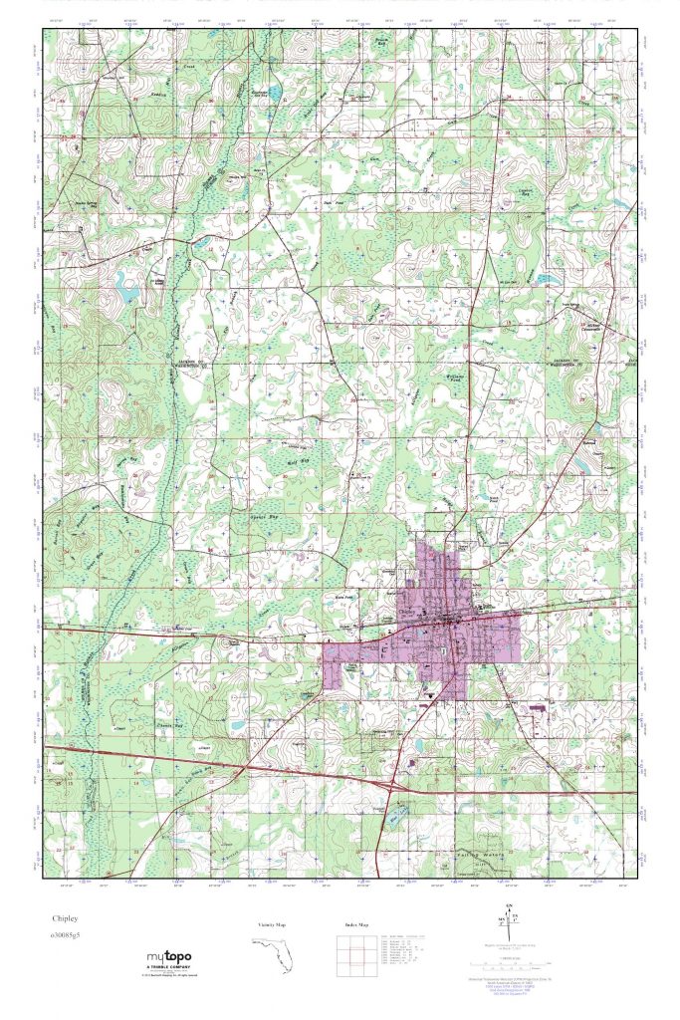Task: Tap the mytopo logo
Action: (x=164, y=957)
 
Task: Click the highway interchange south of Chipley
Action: (x=400, y=786)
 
